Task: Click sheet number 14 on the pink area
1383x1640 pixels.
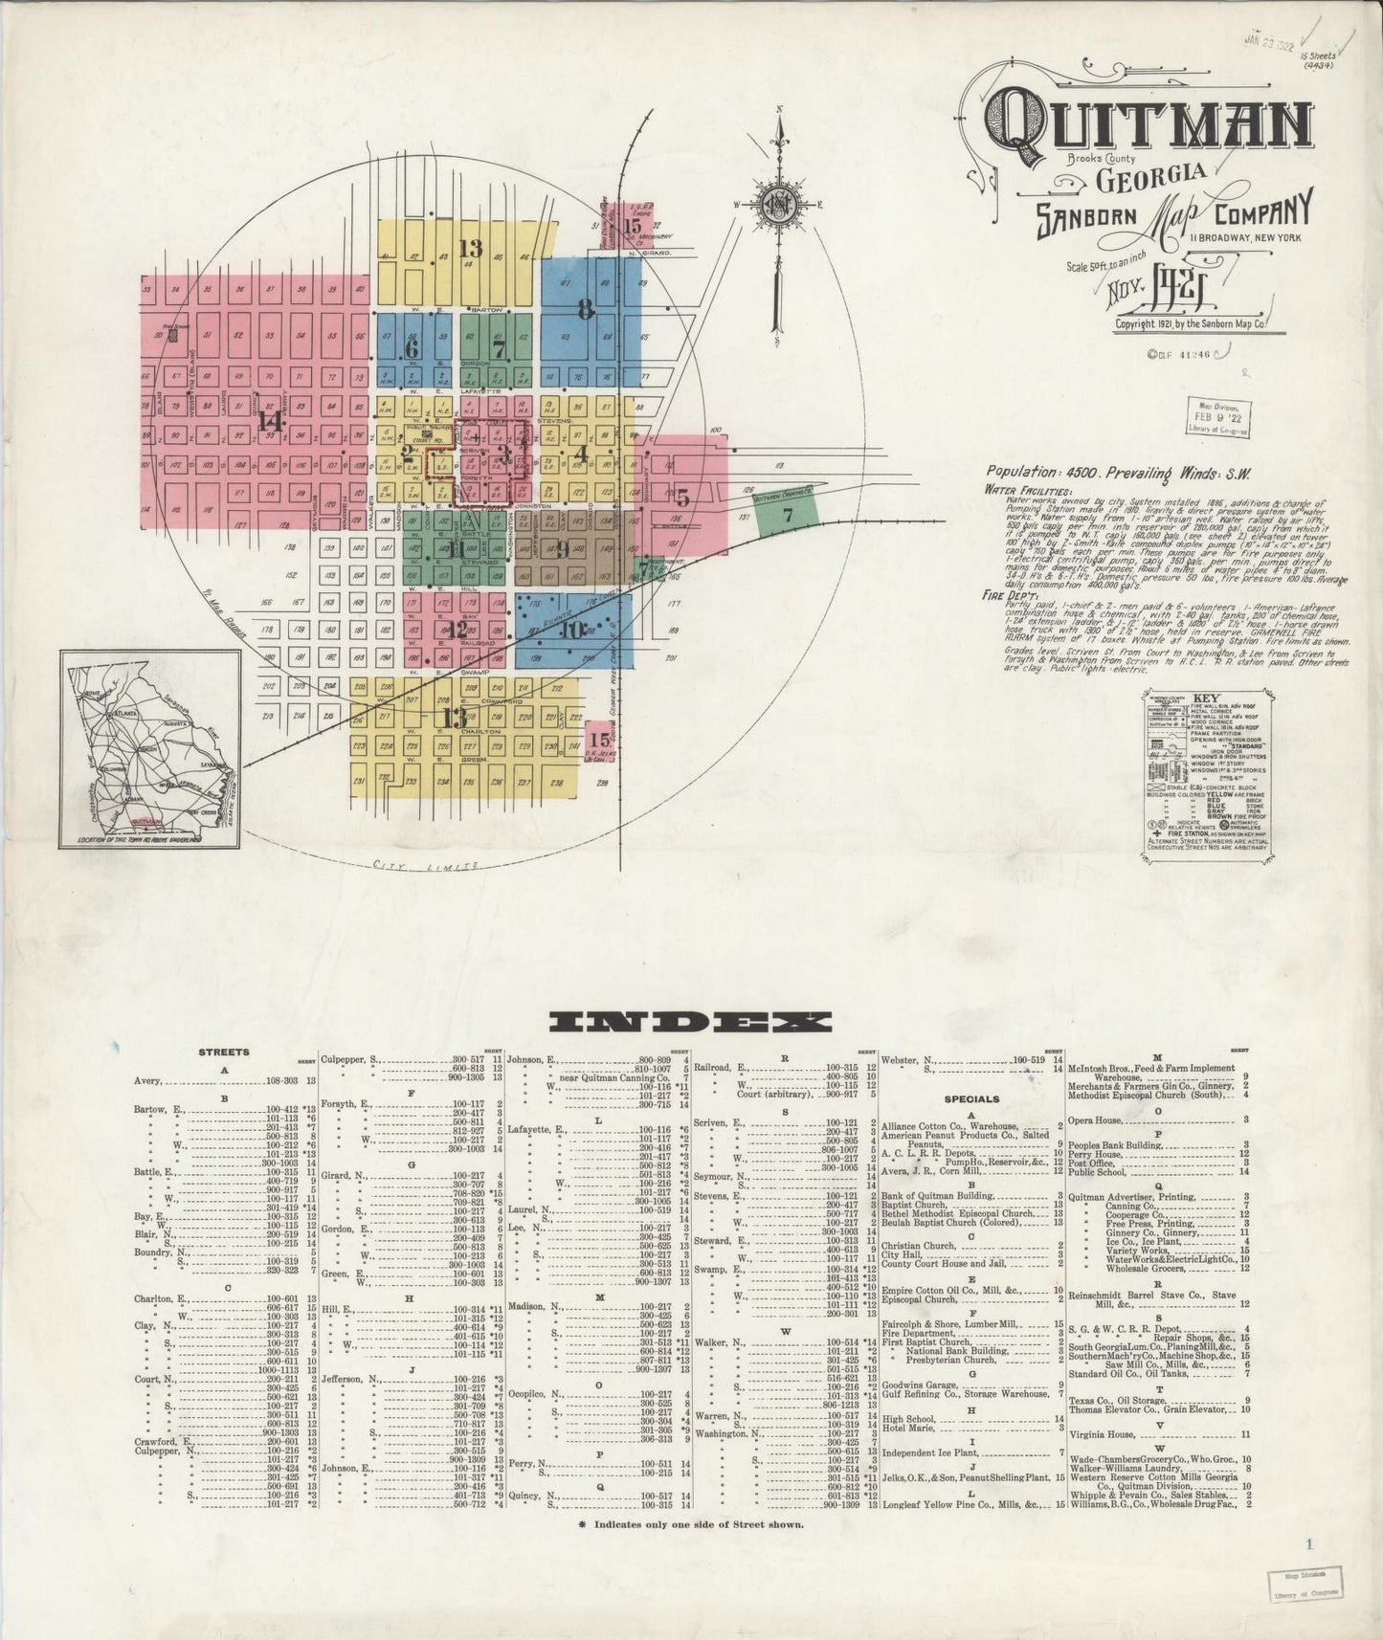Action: point(270,420)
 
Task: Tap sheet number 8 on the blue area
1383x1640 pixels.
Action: point(587,309)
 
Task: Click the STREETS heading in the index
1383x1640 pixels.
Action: point(223,1052)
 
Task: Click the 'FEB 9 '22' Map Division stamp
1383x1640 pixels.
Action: point(1222,417)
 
